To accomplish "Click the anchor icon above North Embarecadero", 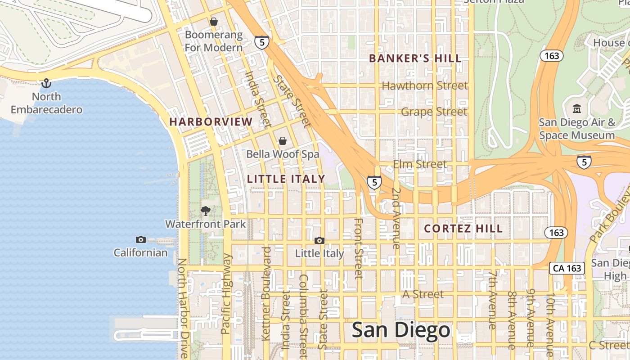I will pos(46,83).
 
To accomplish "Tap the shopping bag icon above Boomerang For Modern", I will pos(214,21).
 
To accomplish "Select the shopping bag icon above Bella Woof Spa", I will pos(283,141).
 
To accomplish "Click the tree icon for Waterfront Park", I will pos(206,211).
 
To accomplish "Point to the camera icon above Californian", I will pos(140,239).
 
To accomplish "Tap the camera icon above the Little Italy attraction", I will pos(319,240).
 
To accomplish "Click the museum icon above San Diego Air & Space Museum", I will pos(576,108).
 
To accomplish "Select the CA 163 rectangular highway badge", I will pos(567,268).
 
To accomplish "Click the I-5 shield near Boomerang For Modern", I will pos(261,42).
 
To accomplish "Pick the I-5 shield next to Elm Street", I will pos(374,182).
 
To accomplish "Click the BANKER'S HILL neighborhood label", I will pos(415,58).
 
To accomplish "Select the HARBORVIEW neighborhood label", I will pos(211,122).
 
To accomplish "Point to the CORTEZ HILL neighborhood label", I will pos(463,229).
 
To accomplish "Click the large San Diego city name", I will pos(400,330).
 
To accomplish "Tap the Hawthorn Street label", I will pos(424,85).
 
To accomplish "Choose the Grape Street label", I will pos(434,112).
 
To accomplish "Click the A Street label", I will pos(423,294).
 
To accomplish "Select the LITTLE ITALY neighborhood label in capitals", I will pos(286,179).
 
